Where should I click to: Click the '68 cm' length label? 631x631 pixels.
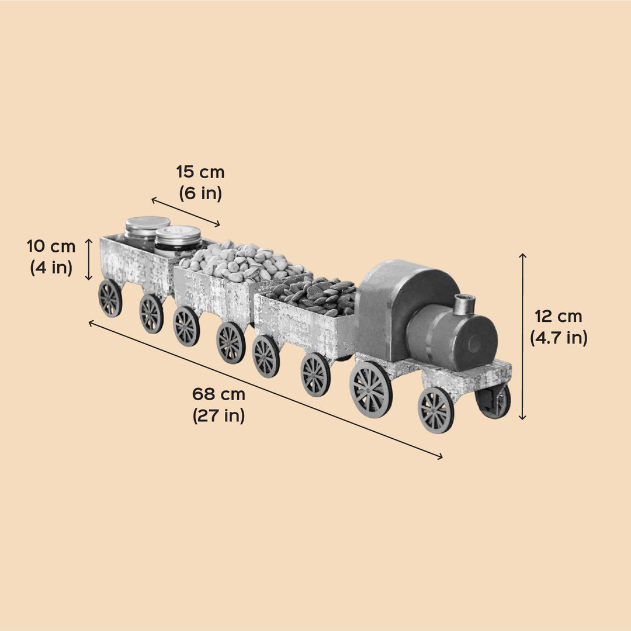tap(219, 394)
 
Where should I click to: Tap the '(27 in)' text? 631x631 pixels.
tap(219, 416)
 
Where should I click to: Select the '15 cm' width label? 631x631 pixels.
tap(200, 172)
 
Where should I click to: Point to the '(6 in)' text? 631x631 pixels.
tap(200, 193)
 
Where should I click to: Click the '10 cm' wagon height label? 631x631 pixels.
tap(51, 247)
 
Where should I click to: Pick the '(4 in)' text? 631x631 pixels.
tap(51, 268)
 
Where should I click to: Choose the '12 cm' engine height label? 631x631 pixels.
tap(559, 316)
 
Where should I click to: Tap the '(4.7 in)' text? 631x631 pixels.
tap(559, 338)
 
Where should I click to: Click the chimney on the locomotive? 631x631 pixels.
tap(465, 304)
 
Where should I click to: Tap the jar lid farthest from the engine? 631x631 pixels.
tap(148, 223)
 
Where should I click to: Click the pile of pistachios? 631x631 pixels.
tap(242, 261)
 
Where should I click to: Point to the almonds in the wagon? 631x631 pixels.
tap(315, 296)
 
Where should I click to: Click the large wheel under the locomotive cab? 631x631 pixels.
tap(371, 389)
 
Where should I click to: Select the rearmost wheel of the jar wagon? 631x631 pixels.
tap(110, 298)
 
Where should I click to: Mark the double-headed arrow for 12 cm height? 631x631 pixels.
tap(522, 337)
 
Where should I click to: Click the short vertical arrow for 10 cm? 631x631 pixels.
tap(89, 259)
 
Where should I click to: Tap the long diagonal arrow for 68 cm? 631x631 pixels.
tap(265, 390)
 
